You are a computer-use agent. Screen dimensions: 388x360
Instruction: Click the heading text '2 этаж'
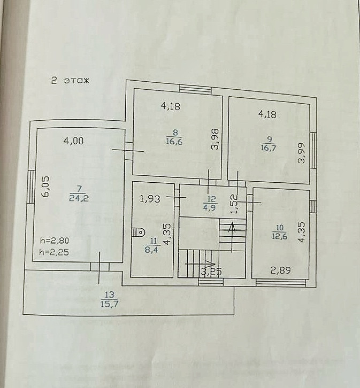point(70,81)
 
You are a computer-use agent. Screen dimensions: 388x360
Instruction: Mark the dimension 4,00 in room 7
point(73,141)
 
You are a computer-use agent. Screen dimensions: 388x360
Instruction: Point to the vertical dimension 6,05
point(45,188)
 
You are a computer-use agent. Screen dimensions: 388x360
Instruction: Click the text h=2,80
point(54,240)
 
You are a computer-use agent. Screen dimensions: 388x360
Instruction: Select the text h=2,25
point(54,252)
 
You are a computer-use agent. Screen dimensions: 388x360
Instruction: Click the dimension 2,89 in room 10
point(280,271)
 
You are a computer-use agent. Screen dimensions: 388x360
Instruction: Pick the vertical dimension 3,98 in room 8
point(215,140)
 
